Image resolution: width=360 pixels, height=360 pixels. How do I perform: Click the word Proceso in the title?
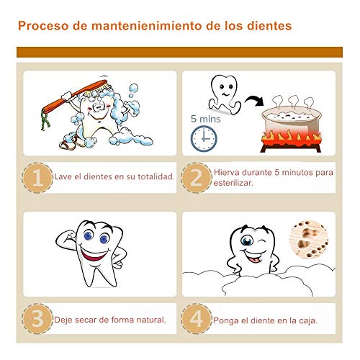click(43, 26)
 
